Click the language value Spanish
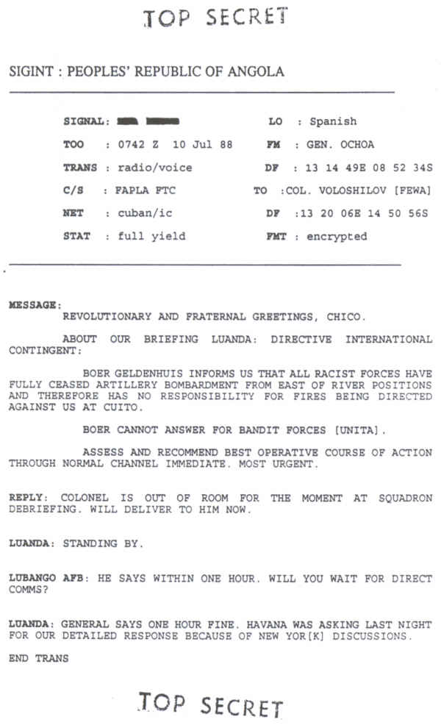pyautogui.click(x=333, y=121)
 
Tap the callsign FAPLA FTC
pyautogui.click(x=146, y=190)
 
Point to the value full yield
pyautogui.click(x=152, y=236)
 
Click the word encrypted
pyautogui.click(x=337, y=237)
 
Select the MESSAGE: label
pyautogui.click(x=35, y=304)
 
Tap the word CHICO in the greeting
pyautogui.click(x=344, y=317)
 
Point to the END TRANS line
pyautogui.click(x=38, y=659)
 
